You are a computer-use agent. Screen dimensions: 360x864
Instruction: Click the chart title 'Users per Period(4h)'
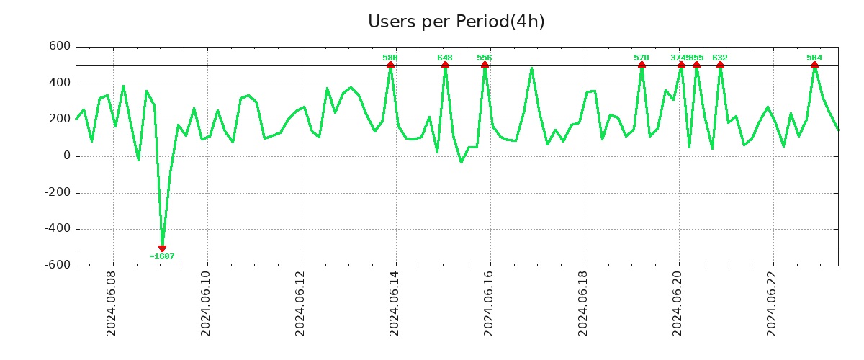(456, 22)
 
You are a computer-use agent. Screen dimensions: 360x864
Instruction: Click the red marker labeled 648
(445, 66)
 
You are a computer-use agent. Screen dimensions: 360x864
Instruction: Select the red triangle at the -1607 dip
(162, 248)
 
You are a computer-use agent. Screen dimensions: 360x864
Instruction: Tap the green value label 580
(390, 58)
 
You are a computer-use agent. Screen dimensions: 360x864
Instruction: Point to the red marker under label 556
(485, 66)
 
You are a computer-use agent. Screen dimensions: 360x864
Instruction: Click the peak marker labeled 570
(642, 66)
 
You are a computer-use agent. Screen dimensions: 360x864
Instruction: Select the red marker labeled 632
(720, 66)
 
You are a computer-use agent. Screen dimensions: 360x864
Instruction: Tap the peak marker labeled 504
(814, 66)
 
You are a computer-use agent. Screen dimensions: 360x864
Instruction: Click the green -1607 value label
(162, 256)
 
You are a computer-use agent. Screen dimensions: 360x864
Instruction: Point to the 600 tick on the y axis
(60, 47)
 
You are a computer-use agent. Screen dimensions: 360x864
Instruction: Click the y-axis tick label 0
(67, 156)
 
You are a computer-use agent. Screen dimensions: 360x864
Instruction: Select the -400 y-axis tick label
(58, 229)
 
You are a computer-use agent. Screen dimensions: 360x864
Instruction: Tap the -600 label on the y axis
(58, 266)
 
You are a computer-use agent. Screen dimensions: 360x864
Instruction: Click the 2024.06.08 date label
(112, 303)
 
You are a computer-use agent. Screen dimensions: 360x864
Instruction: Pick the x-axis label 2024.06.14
(395, 303)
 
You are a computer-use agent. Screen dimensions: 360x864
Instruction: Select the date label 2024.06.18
(583, 303)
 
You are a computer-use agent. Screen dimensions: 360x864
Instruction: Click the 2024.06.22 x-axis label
(772, 303)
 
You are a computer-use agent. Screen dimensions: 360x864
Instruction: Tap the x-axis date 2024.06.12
(300, 303)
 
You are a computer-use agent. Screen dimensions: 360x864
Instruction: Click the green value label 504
(814, 58)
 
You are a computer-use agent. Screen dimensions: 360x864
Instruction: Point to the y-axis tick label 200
(60, 120)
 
